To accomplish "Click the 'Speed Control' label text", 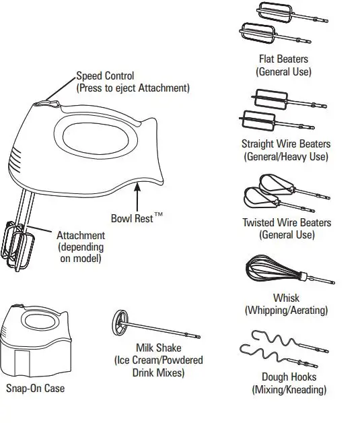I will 104,76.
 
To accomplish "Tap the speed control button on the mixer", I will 44,104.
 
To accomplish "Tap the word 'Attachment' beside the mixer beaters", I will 80,235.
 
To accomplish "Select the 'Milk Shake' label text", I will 157,348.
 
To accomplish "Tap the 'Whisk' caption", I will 286,298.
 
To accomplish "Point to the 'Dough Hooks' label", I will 289,377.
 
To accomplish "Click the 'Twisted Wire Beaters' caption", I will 287,222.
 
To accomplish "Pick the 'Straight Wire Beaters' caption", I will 286,143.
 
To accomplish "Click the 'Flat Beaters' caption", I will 283,59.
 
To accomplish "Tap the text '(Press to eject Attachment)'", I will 133,88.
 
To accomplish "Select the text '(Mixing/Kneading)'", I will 289,389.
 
